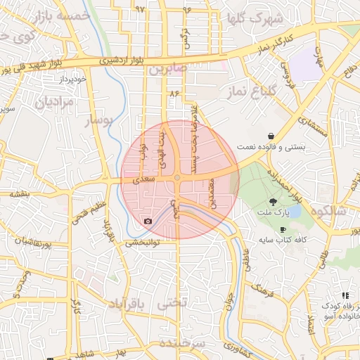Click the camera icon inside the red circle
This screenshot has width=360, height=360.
click(x=148, y=221)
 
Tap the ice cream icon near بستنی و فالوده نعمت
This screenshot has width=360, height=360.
click(x=271, y=136)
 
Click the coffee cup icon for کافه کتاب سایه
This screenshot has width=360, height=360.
click(x=283, y=229)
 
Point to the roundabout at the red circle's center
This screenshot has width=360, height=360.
click(x=178, y=178)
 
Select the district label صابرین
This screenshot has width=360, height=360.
click(x=166, y=70)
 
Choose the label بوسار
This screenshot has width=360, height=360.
click(x=98, y=122)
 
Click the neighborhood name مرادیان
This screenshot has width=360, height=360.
click(x=50, y=103)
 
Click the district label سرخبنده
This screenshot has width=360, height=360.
click(x=181, y=343)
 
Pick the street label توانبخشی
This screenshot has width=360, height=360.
click(x=143, y=243)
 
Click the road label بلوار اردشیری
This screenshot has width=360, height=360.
click(x=120, y=61)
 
